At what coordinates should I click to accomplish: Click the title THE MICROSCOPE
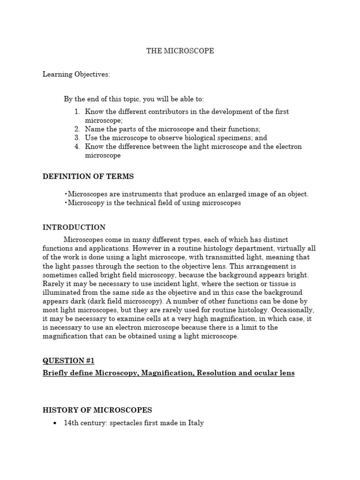(180, 51)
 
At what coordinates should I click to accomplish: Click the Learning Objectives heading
(76, 74)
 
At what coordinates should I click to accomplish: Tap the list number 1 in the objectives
(77, 112)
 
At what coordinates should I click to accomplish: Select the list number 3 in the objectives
(77, 138)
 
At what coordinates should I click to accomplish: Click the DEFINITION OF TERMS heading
(88, 176)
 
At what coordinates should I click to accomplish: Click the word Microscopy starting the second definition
(87, 203)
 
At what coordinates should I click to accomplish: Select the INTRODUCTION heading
(74, 227)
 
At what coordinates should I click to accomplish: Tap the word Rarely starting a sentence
(54, 284)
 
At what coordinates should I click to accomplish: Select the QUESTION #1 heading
(68, 360)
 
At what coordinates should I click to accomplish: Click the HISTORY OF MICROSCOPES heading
(97, 410)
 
